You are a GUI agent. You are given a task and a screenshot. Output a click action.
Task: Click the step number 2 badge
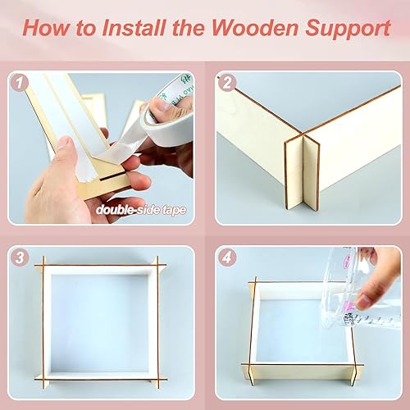pyautogui.click(x=227, y=82)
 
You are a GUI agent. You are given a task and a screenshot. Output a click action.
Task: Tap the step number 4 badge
pyautogui.click(x=227, y=257)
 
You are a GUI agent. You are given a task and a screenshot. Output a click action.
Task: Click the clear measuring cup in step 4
pyautogui.click(x=361, y=283)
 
